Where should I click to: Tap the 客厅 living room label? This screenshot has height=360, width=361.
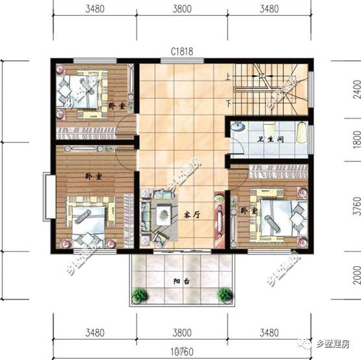[x=190, y=214]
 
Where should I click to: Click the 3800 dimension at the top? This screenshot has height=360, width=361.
[x=181, y=9]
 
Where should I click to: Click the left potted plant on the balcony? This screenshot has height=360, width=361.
[x=139, y=295]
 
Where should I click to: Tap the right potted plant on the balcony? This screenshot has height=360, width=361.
[x=225, y=295]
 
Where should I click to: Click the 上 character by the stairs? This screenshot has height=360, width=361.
[x=228, y=76]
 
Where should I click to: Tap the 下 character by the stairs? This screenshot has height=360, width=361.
[x=228, y=103]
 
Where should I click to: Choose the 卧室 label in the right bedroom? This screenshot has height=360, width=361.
[x=248, y=211]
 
